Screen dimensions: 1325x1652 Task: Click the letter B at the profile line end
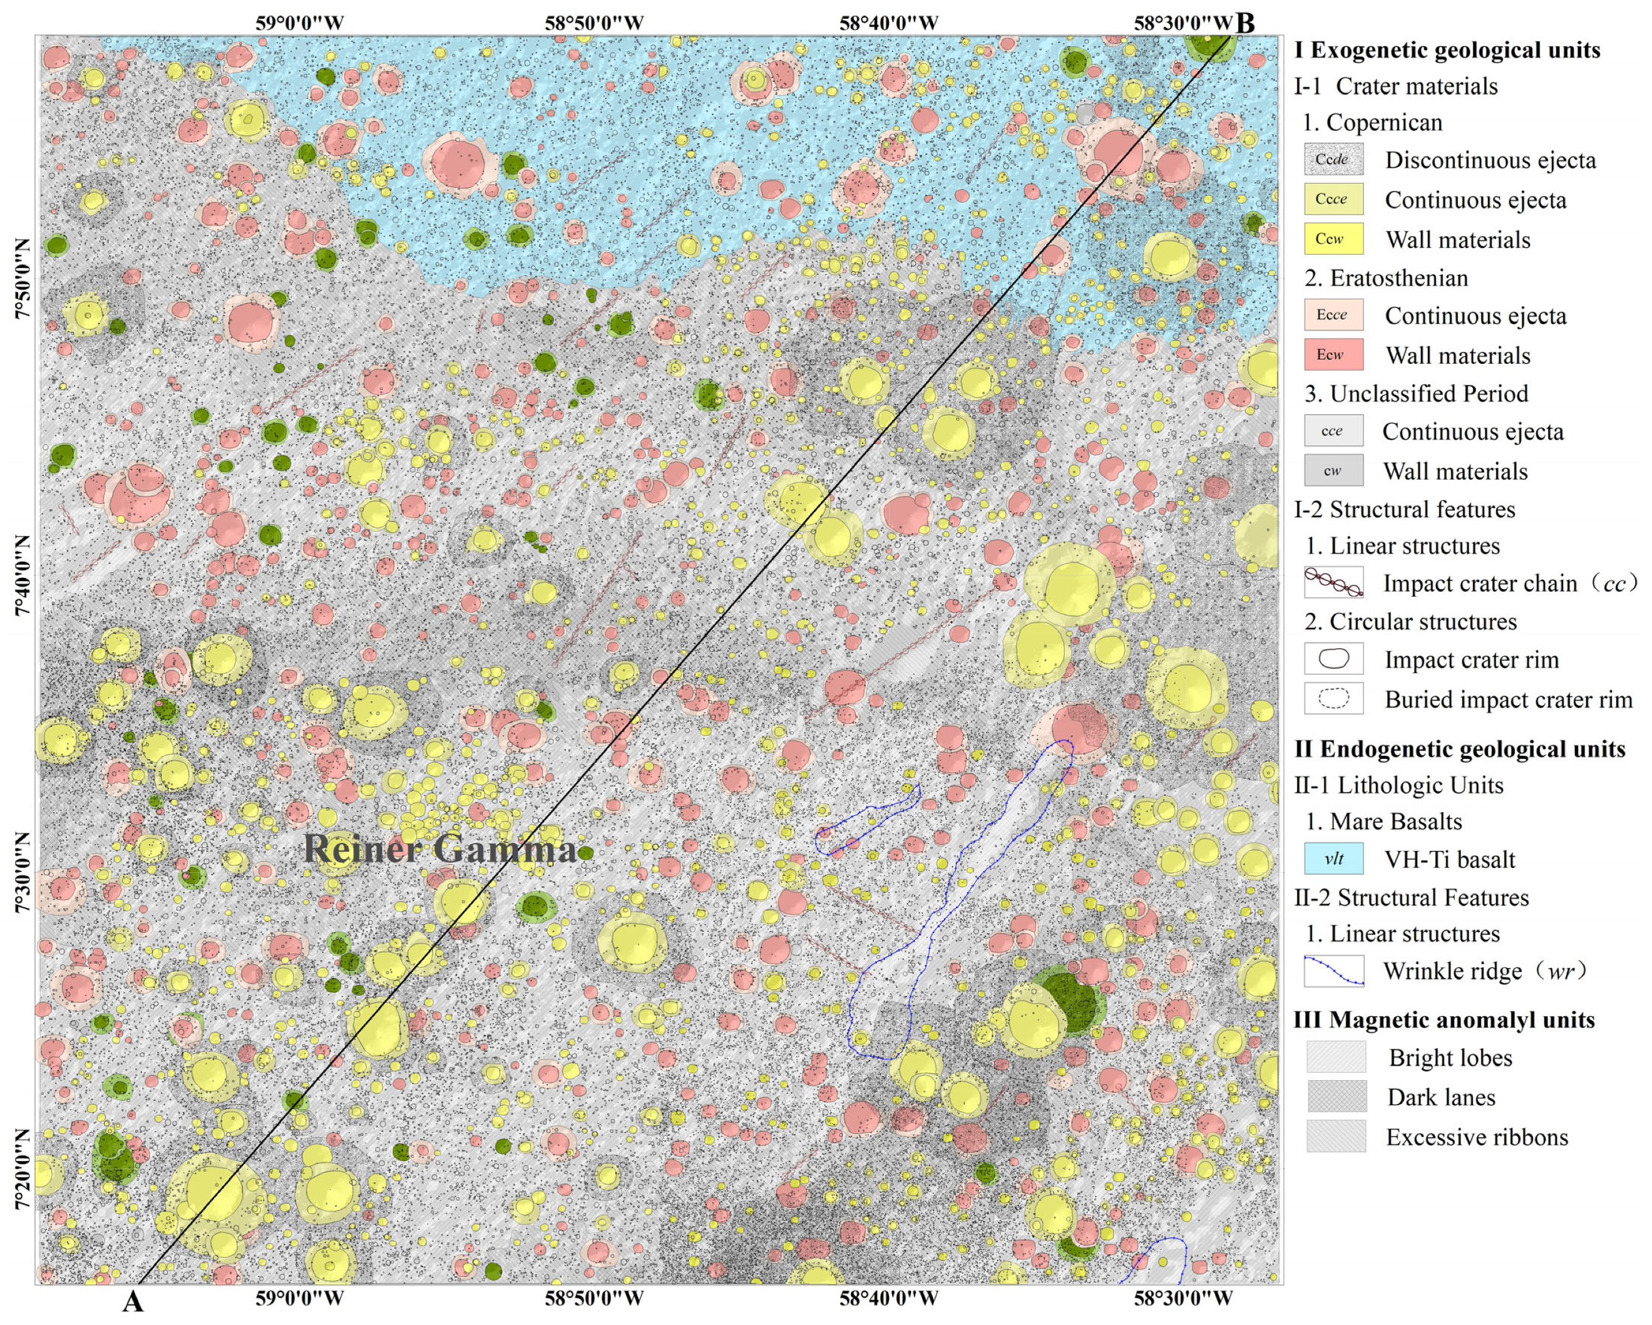(x=1246, y=23)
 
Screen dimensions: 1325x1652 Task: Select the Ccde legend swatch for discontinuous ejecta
(x=1333, y=160)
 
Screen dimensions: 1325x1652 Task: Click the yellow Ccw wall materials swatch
(x=1333, y=239)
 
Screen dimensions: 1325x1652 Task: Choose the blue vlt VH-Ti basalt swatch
(x=1333, y=858)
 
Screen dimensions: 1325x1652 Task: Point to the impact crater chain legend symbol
(x=1333, y=582)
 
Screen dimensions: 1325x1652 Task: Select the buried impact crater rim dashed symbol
(x=1333, y=698)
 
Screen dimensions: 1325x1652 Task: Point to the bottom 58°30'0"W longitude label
(x=1183, y=1298)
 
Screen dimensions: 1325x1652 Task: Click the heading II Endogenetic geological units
(x=1460, y=749)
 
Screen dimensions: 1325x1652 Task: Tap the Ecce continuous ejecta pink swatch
(x=1333, y=315)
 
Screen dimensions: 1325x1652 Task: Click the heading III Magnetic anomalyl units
(x=1444, y=1019)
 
